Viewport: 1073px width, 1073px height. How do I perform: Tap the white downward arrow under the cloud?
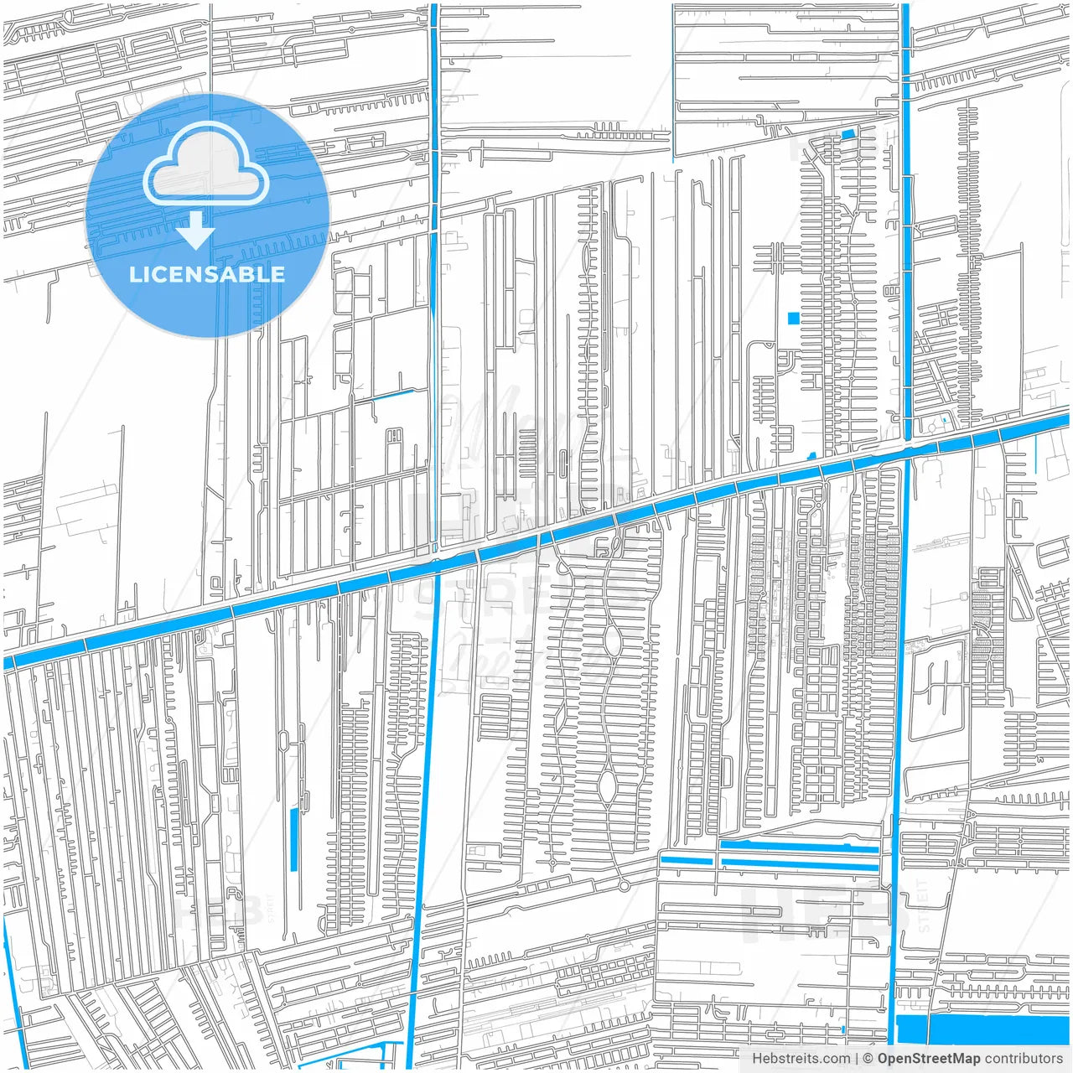[196, 231]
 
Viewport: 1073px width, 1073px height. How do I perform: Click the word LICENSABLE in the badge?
[207, 274]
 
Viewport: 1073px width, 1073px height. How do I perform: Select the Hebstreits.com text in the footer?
[801, 1059]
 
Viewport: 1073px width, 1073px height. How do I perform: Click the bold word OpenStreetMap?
[928, 1059]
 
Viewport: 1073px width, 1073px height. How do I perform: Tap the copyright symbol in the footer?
[868, 1059]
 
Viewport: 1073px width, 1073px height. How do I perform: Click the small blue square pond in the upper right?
[793, 318]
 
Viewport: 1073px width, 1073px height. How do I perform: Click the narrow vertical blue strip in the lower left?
[293, 838]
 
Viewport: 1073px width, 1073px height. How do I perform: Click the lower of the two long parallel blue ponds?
[798, 863]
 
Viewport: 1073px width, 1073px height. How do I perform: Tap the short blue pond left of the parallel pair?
[686, 860]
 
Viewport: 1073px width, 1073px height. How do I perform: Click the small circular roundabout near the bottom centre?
[624, 885]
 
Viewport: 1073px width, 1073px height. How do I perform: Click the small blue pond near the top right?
[848, 134]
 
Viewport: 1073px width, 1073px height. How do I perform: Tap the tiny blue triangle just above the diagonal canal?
[811, 456]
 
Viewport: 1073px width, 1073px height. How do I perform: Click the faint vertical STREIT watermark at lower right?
[924, 905]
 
